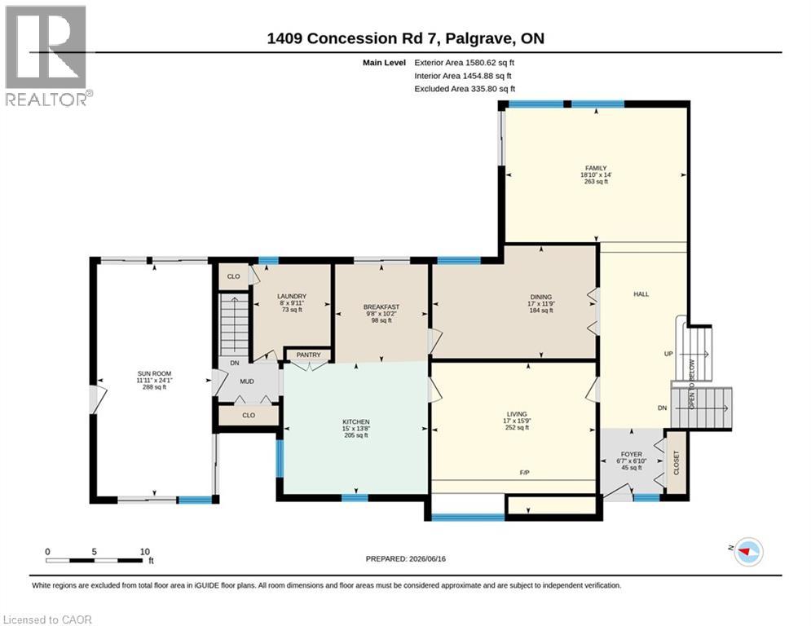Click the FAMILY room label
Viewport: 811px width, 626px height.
pos(596,168)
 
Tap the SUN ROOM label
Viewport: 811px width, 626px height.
pos(154,373)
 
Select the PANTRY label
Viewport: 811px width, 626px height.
pos(308,355)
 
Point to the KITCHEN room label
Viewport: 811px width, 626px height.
pos(356,421)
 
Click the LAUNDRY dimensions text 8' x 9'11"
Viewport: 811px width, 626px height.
pos(292,303)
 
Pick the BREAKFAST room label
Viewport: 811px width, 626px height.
pos(381,306)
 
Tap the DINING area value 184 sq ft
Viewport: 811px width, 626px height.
pos(541,311)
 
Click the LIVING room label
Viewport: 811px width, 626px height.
pos(517,414)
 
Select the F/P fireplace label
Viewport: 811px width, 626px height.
pos(524,473)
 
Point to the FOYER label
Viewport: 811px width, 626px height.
pos(632,454)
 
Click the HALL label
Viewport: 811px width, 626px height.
pos(641,294)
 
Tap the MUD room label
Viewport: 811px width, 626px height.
pos(247,381)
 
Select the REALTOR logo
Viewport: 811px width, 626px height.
pos(46,56)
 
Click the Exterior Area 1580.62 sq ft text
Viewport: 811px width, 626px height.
pos(464,63)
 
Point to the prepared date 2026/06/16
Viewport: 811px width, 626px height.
pos(427,558)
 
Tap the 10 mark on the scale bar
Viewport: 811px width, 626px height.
pos(145,552)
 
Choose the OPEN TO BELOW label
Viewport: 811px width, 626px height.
pos(691,384)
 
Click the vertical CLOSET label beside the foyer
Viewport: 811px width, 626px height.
pos(676,463)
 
